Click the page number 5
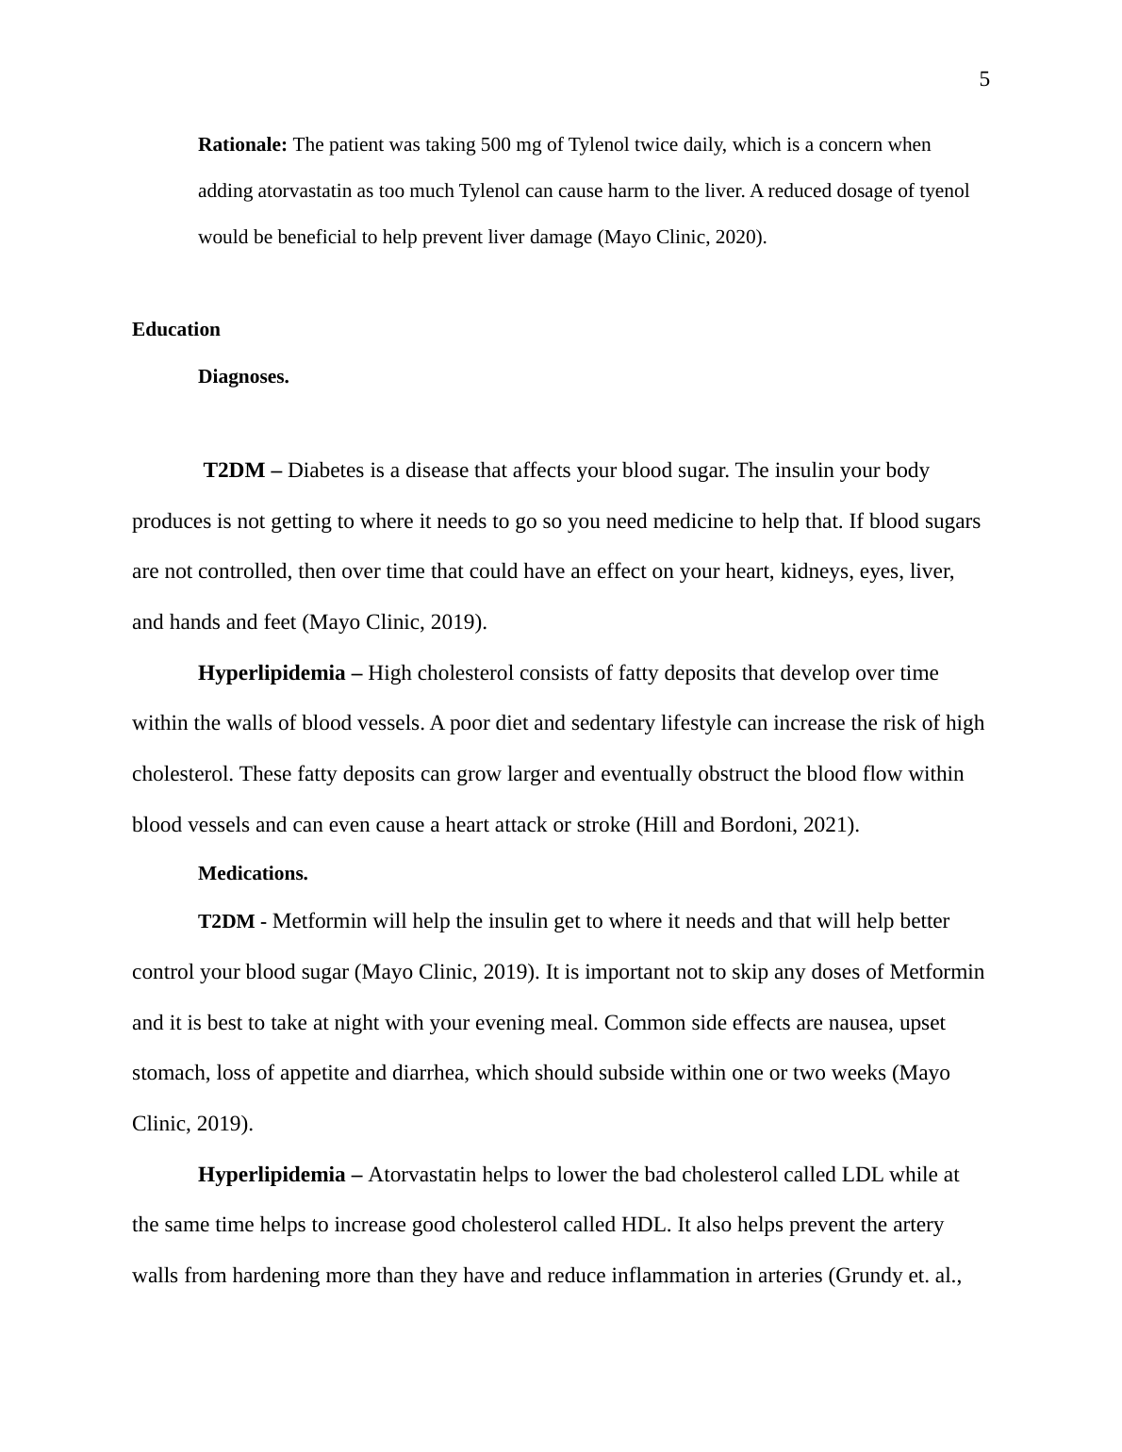[x=984, y=80]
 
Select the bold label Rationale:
[x=242, y=145]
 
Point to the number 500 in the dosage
[x=496, y=145]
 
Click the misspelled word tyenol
[x=944, y=191]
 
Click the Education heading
[x=176, y=330]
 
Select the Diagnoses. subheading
[x=243, y=377]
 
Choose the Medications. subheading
[x=253, y=874]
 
